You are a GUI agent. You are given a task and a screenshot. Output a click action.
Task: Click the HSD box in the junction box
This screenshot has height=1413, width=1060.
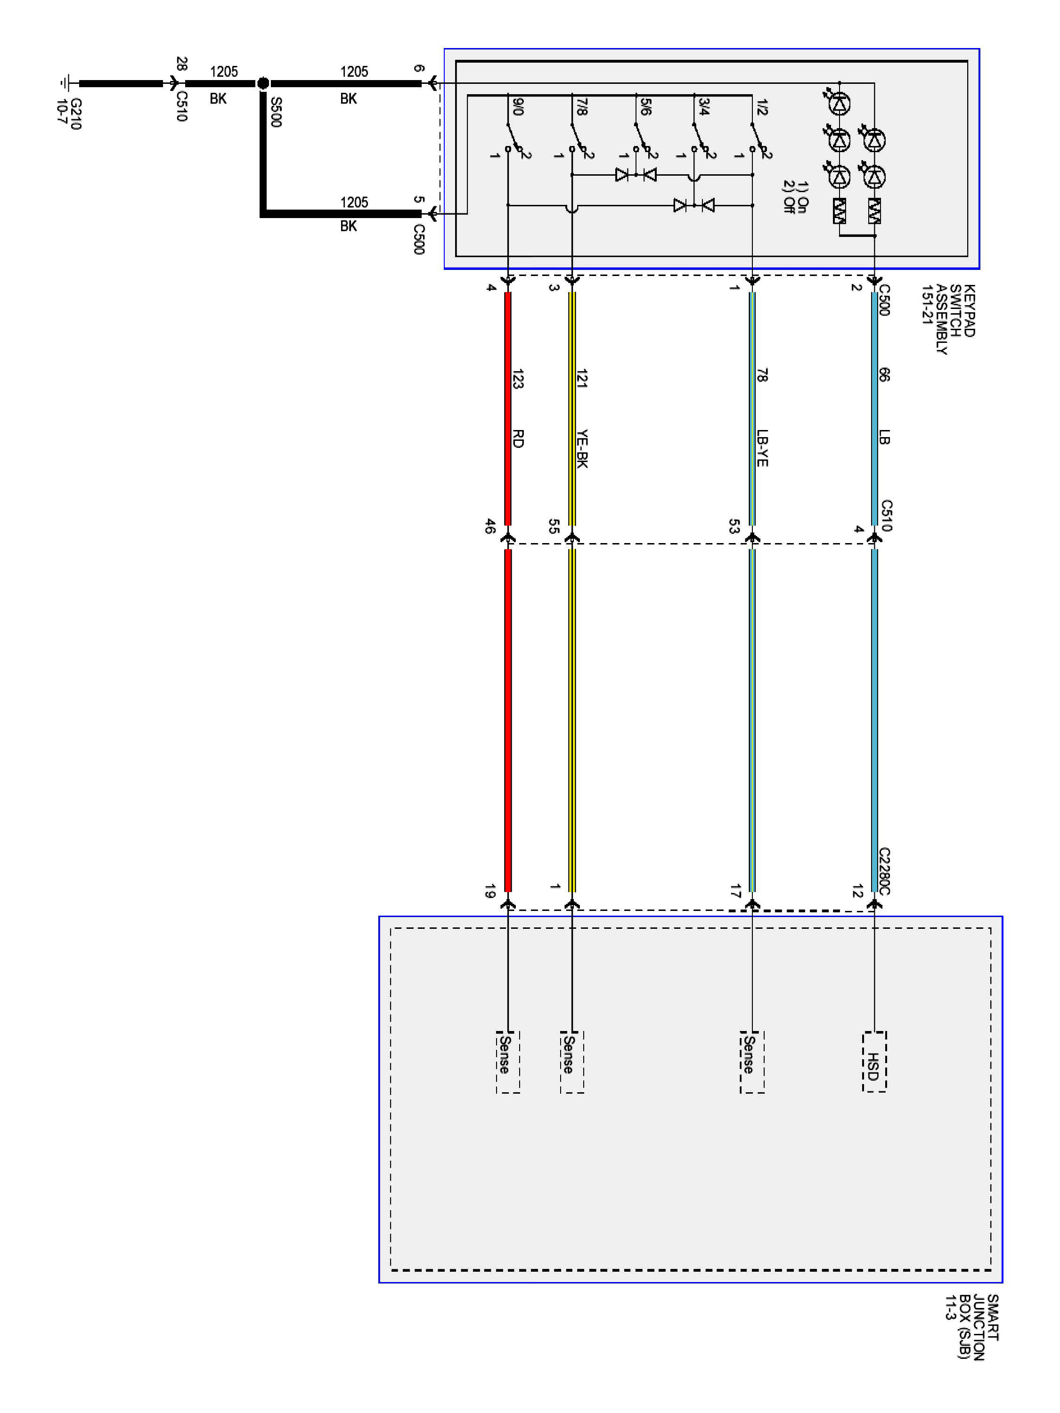tap(873, 1061)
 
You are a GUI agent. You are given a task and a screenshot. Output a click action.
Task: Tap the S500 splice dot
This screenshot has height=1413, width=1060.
tap(262, 83)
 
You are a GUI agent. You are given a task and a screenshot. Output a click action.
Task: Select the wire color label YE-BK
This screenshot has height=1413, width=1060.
tap(581, 449)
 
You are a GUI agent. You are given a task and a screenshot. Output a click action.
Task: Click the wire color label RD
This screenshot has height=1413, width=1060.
tap(518, 439)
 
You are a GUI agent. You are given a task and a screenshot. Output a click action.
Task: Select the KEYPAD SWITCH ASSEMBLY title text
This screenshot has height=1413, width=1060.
tap(948, 319)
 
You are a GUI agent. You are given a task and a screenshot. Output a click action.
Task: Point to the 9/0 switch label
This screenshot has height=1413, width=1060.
tap(518, 106)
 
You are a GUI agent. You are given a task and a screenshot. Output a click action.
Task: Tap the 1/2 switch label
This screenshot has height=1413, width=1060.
tap(761, 106)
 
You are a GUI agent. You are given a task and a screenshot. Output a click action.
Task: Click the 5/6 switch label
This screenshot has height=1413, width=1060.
tap(645, 106)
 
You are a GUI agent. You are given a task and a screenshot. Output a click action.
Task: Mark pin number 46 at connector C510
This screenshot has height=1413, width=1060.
tap(489, 527)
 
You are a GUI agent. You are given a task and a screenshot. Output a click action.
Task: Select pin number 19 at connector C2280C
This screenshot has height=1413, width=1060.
tap(489, 891)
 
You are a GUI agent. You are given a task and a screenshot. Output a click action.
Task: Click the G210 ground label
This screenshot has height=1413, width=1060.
tap(69, 114)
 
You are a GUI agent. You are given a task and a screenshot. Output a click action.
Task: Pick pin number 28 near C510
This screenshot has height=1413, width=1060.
tap(181, 64)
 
